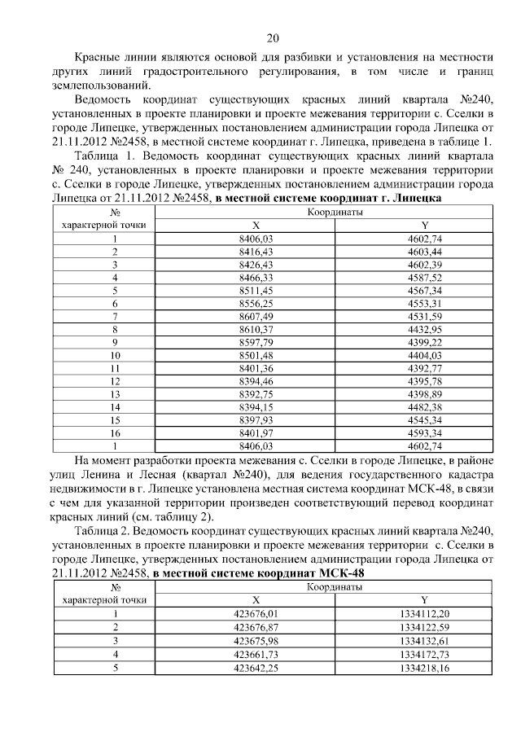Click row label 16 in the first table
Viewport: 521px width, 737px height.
[x=115, y=433]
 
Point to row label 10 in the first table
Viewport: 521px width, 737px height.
[x=115, y=356]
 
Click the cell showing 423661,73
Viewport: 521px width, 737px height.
[x=256, y=653]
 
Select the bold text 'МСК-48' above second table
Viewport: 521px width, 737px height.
[x=342, y=573]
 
